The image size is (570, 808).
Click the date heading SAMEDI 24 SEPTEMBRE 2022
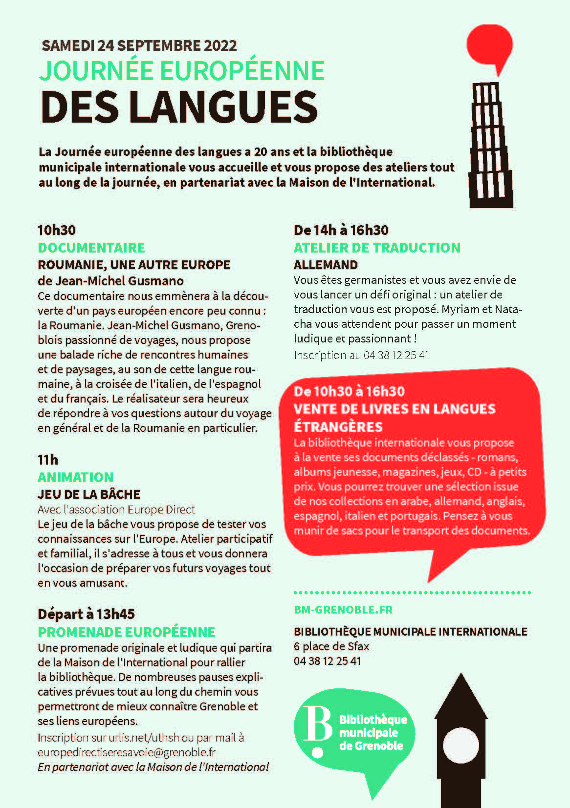coord(139,46)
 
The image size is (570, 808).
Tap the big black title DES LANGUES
coord(179,106)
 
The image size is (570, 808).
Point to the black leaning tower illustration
coord(491,147)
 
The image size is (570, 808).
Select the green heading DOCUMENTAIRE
coord(91,248)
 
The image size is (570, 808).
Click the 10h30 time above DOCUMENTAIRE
coord(57,230)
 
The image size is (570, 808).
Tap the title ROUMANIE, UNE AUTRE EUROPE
coord(134,265)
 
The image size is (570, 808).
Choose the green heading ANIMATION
coord(76,477)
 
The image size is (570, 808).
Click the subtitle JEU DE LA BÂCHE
coord(89,494)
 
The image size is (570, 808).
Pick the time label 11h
coord(48,460)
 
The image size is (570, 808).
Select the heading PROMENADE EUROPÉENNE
coord(127,632)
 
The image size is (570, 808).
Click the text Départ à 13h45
coord(86,614)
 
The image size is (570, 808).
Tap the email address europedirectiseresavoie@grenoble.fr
coord(127,752)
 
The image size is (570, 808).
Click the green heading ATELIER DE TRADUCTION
coord(377,248)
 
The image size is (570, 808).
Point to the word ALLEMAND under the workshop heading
coord(326,265)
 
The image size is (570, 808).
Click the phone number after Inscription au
coord(396,355)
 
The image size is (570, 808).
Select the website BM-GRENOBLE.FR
coord(343,610)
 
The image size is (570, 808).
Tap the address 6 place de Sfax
coord(331,646)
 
